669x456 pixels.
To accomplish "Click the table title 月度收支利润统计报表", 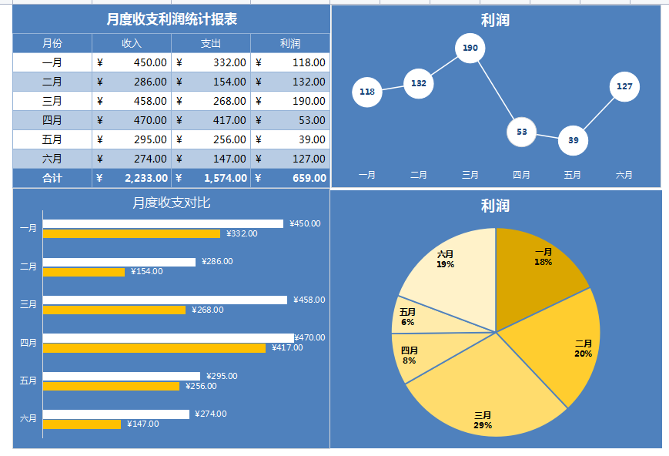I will (x=171, y=19).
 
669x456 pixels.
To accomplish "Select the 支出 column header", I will (x=210, y=44).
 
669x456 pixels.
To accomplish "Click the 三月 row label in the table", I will (x=52, y=101).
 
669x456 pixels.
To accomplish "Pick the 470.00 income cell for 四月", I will (x=132, y=120).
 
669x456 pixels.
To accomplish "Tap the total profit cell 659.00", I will (x=290, y=178).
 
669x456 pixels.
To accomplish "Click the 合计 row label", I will (x=52, y=178).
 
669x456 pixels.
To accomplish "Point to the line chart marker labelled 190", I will (x=470, y=48).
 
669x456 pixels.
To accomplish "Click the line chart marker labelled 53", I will (x=521, y=132).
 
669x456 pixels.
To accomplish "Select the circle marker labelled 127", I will (x=624, y=86).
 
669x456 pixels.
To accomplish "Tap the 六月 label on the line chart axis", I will (x=624, y=175).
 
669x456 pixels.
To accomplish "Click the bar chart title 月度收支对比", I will (x=171, y=203).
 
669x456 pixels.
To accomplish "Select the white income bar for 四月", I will (x=168, y=338).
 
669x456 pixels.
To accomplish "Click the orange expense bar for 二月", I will (x=83, y=272).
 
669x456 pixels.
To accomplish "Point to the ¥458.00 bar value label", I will (x=309, y=300).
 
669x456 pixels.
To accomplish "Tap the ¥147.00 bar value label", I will (x=143, y=424).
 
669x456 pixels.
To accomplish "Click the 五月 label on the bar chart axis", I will (x=28, y=381).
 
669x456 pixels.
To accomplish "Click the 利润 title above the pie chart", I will (x=495, y=206).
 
